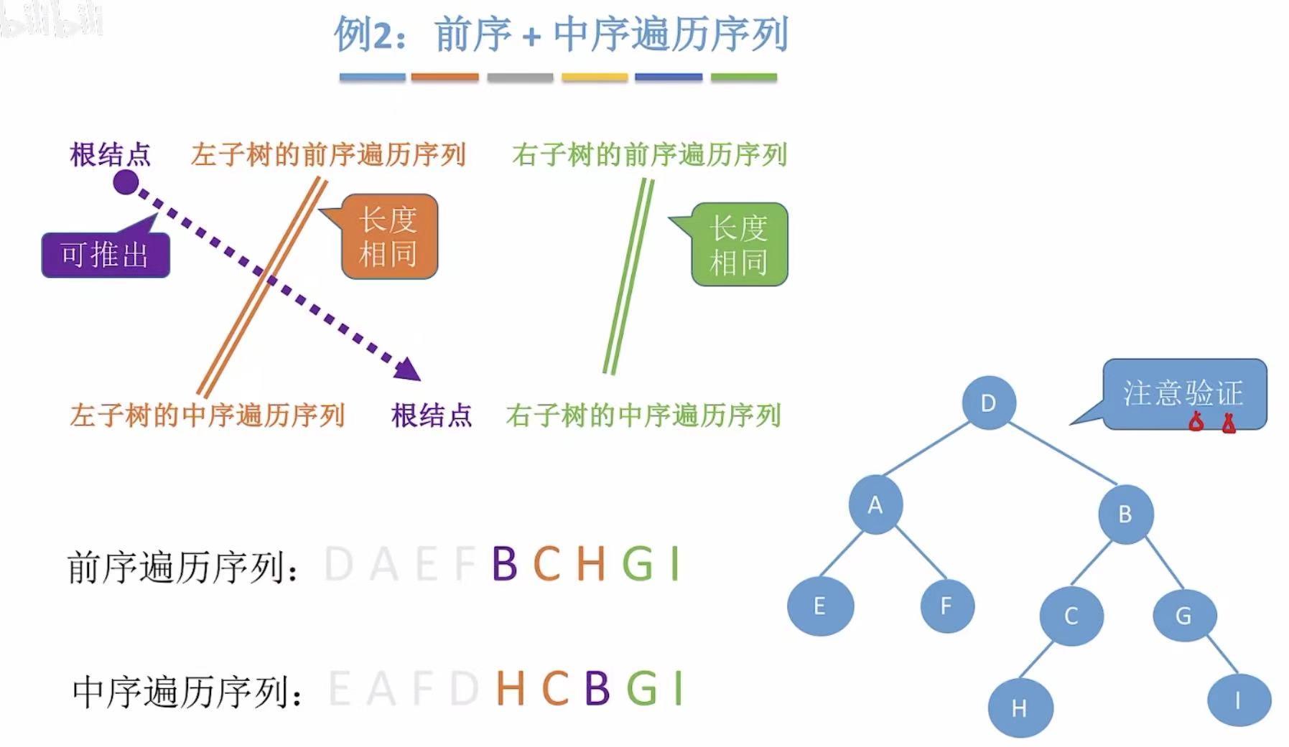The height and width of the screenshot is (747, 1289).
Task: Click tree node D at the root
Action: point(989,403)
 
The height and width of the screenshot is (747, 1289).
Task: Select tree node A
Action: point(875,505)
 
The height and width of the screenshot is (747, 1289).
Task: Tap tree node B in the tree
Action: point(1125,514)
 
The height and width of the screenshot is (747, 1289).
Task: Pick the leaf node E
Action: point(820,606)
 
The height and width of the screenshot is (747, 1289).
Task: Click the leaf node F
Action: point(946,606)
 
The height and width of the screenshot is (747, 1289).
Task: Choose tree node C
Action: point(1071,616)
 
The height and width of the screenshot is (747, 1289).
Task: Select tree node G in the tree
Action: point(1183,615)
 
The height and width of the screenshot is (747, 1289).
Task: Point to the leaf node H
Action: point(1020,708)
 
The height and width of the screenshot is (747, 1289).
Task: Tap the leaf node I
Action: point(1238,700)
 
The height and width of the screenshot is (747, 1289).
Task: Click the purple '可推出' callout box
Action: point(106,255)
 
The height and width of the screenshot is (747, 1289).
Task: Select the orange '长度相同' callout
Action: point(388,237)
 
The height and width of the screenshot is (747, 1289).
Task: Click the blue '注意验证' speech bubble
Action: point(1183,394)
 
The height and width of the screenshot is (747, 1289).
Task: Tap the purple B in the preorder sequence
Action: point(505,564)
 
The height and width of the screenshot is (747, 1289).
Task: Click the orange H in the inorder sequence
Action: point(510,688)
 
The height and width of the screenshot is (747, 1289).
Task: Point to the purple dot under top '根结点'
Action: point(126,182)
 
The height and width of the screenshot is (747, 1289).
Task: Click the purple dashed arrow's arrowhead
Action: point(408,370)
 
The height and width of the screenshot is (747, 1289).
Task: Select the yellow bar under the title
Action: point(595,77)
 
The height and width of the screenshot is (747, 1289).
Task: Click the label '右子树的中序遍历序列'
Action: point(643,415)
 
